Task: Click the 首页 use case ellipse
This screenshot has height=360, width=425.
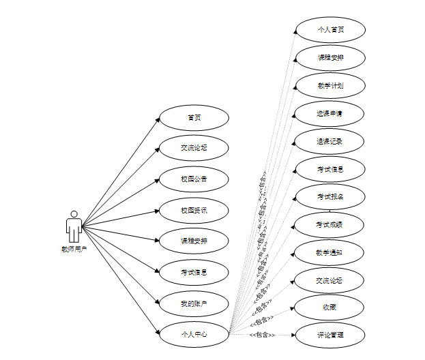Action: coord(194,117)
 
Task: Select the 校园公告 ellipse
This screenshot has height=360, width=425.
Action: coord(194,179)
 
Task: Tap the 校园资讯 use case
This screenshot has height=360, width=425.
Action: coord(194,210)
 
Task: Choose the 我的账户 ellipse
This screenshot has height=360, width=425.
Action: coord(194,303)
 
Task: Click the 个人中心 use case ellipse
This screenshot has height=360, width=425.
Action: coord(194,334)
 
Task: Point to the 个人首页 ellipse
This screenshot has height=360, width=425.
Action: coord(330,30)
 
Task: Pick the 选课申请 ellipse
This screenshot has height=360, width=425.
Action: coord(330,113)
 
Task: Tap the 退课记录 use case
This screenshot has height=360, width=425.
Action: coord(330,141)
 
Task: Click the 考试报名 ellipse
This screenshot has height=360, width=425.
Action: coord(330,196)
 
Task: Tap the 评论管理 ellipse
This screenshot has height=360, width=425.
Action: coord(330,335)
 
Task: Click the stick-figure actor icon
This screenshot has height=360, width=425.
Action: coord(74,226)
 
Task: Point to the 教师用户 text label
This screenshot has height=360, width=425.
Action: coord(74,249)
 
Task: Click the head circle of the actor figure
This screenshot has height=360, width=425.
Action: coord(74,214)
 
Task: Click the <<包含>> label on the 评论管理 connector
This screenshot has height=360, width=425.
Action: coord(261,335)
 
